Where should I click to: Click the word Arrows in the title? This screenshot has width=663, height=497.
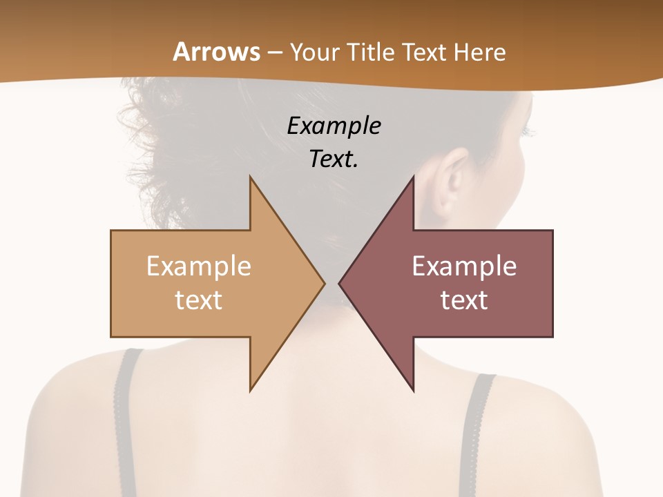pos(216,52)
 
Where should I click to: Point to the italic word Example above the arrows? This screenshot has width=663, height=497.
pos(334,126)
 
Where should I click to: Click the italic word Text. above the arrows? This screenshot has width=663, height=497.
pos(334,159)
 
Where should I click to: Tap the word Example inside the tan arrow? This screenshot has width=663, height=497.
pos(199,266)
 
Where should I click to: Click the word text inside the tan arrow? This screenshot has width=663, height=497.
pos(199,300)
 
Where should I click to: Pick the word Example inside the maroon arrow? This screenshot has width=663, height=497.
pos(464,266)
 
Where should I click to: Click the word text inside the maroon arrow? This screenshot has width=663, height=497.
pos(464,300)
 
